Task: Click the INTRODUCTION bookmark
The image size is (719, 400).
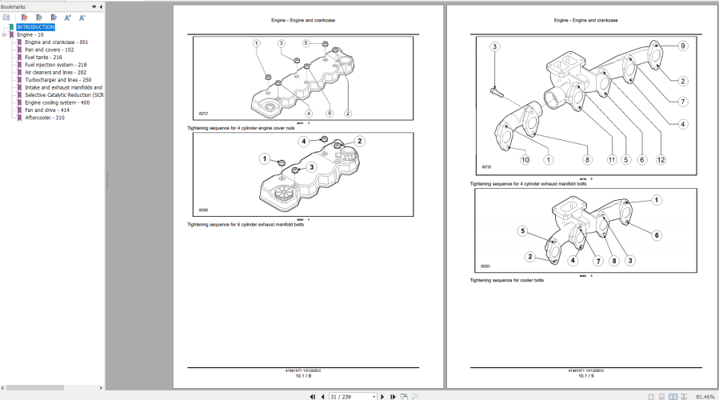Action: pos(35,27)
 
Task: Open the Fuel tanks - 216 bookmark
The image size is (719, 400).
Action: pos(43,57)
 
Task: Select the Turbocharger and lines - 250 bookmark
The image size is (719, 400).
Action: pos(58,80)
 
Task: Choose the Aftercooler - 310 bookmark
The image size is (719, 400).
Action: pos(44,118)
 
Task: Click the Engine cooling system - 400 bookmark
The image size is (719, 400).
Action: pos(57,102)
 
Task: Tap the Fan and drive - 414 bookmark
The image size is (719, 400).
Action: pos(46,110)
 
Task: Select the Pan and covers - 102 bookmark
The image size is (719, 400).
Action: pos(49,50)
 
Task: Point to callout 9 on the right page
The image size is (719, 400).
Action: pos(683,46)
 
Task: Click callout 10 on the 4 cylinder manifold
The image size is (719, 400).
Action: pos(525,159)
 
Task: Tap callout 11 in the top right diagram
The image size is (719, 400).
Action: pos(611,159)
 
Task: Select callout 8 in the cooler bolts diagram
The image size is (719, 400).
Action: pos(614,261)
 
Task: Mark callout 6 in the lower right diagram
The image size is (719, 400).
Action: pos(657,235)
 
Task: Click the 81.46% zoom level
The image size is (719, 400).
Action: pos(705,396)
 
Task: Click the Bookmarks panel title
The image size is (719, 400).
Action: pos(13,6)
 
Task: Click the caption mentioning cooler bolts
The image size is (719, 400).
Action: pos(507,280)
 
